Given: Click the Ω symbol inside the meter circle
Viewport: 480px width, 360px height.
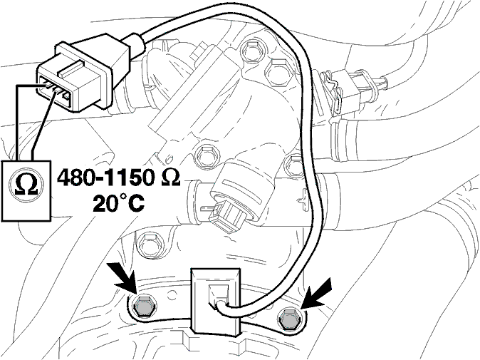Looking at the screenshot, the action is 26,185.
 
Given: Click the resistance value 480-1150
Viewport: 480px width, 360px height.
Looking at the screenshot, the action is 105,178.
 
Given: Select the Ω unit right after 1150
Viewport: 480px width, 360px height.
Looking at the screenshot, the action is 168,178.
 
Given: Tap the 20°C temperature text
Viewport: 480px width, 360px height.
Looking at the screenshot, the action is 118,203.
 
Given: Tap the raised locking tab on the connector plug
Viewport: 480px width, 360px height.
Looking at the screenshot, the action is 71,69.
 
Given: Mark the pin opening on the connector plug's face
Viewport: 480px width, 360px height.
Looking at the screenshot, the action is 54,90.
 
